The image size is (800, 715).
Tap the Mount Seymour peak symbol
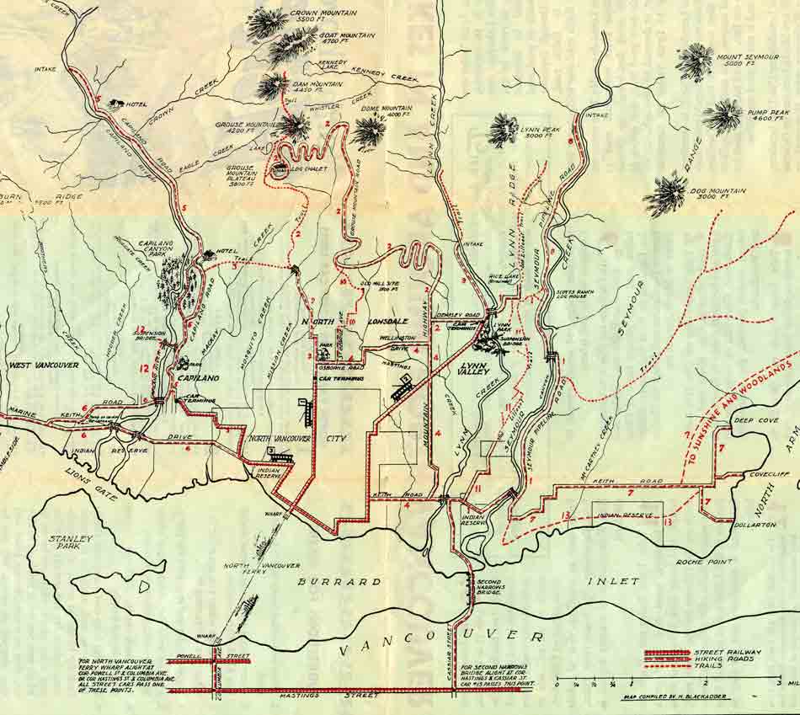click(x=696, y=61)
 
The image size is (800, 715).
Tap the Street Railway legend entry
click(x=727, y=652)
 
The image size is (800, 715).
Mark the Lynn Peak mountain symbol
click(x=504, y=128)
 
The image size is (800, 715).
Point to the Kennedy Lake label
click(x=332, y=67)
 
